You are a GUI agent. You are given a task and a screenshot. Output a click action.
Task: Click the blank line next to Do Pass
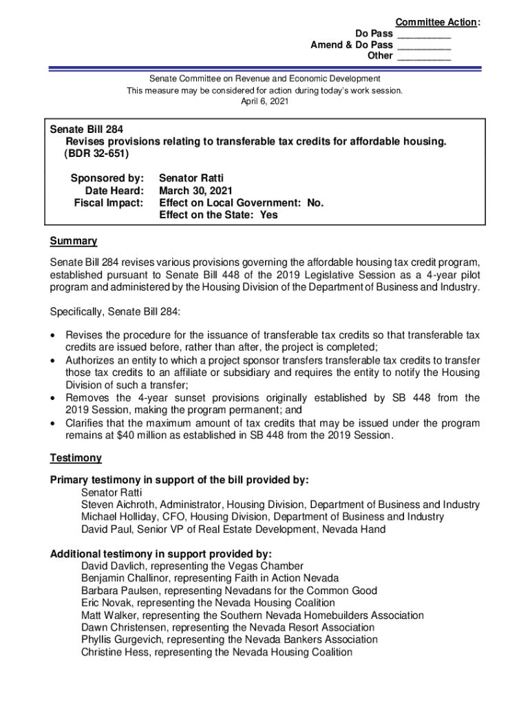[423, 34]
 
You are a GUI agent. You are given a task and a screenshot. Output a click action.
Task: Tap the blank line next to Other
[423, 56]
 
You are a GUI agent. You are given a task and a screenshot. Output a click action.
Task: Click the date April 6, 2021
[265, 101]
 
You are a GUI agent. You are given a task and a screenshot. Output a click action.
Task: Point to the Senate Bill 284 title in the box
[87, 129]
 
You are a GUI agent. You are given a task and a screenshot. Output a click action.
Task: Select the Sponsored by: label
[107, 178]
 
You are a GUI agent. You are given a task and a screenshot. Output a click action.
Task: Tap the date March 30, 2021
[195, 191]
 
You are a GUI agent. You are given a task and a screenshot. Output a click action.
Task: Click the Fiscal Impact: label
[109, 203]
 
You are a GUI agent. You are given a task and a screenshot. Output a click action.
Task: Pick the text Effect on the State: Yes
[218, 215]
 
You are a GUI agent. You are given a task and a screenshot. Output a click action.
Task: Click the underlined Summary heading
[73, 241]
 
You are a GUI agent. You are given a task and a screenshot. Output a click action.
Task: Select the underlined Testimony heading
[76, 458]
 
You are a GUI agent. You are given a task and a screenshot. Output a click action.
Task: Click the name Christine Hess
[114, 652]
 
